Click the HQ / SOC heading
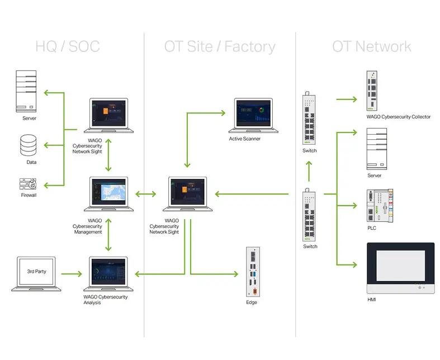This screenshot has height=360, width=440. [67, 46]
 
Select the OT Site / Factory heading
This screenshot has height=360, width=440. [220, 46]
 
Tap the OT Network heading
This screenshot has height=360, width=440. [371, 46]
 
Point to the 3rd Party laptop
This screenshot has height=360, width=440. [36, 274]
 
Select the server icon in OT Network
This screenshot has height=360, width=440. [376, 149]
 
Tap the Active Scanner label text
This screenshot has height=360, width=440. [245, 139]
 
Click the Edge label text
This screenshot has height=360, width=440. [252, 302]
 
